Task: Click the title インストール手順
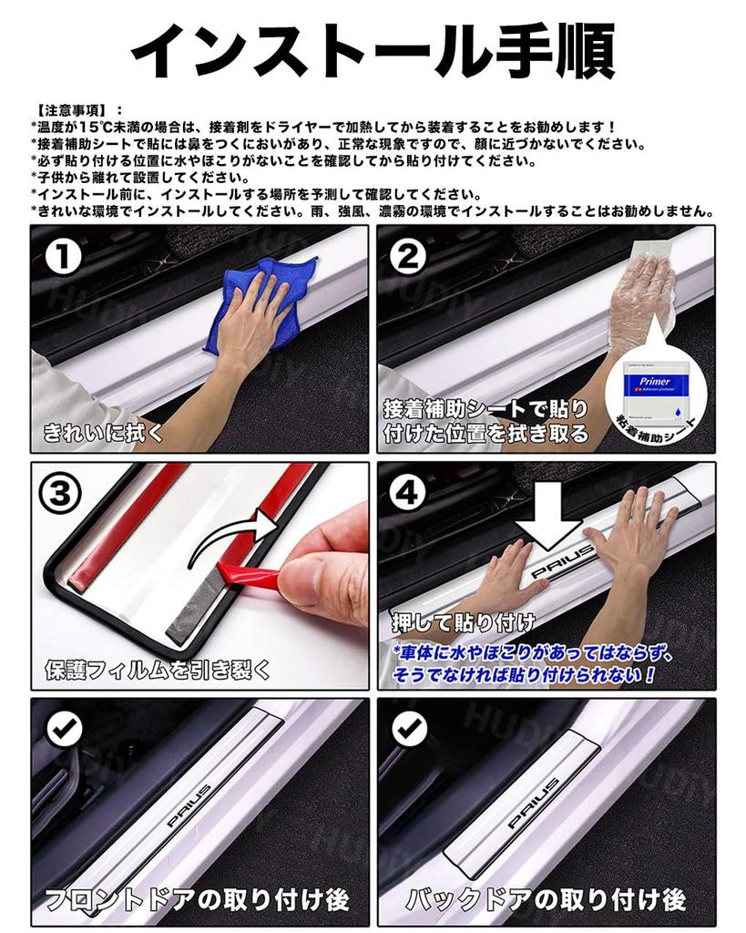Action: click(x=373, y=49)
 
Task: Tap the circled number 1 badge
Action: click(x=65, y=259)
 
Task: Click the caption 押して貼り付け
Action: click(x=464, y=623)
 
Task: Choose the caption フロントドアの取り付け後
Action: click(x=198, y=901)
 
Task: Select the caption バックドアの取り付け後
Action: click(x=546, y=901)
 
